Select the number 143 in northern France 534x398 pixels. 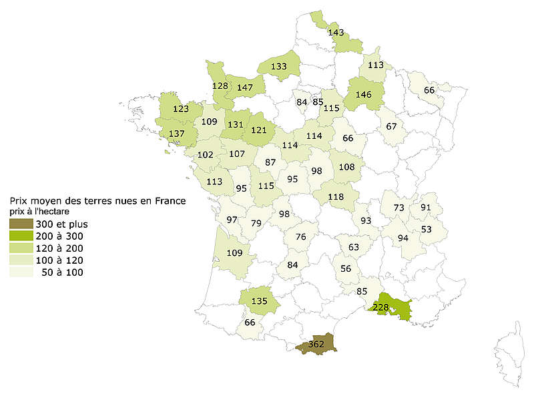point(336,31)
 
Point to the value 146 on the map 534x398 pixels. point(363,95)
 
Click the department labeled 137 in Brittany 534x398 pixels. point(177,134)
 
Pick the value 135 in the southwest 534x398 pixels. point(260,301)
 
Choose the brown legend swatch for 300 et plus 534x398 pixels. point(21,224)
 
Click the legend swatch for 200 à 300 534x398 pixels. point(21,236)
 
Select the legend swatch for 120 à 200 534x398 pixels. point(21,248)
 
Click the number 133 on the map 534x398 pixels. point(280,66)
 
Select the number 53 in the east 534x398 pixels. point(426,229)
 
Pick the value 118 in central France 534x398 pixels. point(336,196)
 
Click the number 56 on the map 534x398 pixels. point(345,268)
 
